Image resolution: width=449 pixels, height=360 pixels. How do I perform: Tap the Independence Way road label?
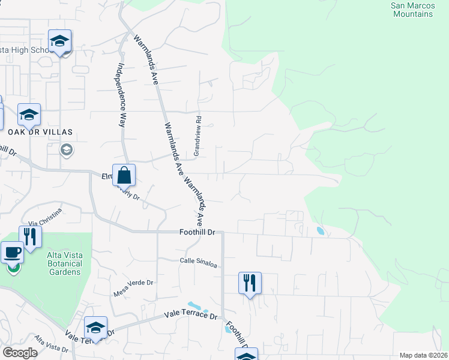[121, 94]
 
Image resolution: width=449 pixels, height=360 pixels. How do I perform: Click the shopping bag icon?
[124, 176]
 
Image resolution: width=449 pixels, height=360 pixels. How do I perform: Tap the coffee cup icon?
[12, 253]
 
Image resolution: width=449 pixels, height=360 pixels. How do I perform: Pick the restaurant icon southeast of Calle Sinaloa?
[250, 282]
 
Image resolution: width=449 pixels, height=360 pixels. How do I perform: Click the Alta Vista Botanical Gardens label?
[64, 263]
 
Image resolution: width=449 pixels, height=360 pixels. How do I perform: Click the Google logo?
[20, 353]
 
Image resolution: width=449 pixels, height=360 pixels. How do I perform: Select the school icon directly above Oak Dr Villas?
[29, 114]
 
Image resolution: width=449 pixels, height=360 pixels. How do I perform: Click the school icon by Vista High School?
[59, 41]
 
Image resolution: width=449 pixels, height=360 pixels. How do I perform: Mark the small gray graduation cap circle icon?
[67, 149]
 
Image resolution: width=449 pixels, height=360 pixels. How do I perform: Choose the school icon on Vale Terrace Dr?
[95, 328]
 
